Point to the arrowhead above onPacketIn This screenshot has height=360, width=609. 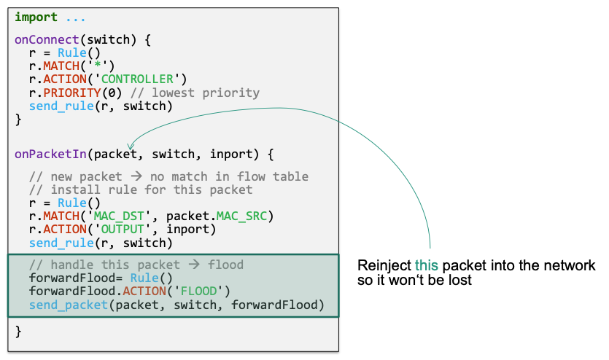130,146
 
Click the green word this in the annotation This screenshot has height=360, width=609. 426,266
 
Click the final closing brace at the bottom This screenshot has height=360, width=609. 18,332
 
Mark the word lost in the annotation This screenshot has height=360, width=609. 459,281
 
